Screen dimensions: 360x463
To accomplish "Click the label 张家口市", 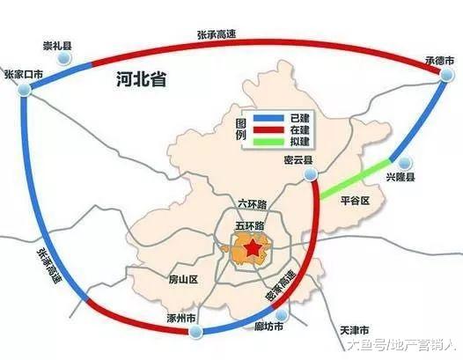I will pyautogui.click(x=23, y=75).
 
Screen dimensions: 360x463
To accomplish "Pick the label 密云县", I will pyautogui.click(x=300, y=161).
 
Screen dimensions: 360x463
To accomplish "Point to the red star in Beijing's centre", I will pyautogui.click(x=253, y=250).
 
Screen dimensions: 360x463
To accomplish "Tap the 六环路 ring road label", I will pyautogui.click(x=252, y=203).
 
